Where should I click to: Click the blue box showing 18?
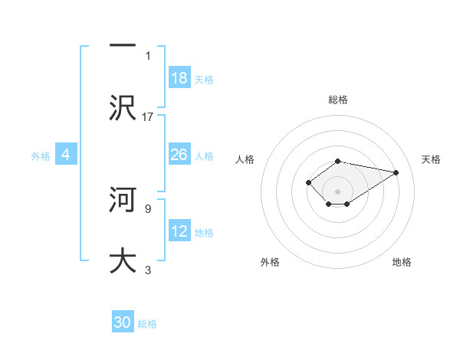pyautogui.click(x=179, y=78)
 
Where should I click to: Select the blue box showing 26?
pyautogui.click(x=179, y=155)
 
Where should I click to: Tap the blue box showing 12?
pyautogui.click(x=179, y=231)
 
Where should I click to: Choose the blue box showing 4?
pyautogui.click(x=66, y=155)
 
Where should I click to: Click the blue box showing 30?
pyautogui.click(x=123, y=322)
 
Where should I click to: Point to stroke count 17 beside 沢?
pyautogui.click(x=148, y=116)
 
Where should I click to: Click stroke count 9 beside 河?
pyautogui.click(x=148, y=208)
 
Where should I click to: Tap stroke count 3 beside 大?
pyautogui.click(x=148, y=269)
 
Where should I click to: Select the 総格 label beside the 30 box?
pyautogui.click(x=147, y=324)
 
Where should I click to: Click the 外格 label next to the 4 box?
pyautogui.click(x=41, y=155)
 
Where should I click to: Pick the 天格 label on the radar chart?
pyautogui.click(x=431, y=159)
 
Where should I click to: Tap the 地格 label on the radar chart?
pyautogui.click(x=402, y=262)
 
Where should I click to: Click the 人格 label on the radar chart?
pyautogui.click(x=245, y=159)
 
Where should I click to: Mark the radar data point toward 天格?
pyautogui.click(x=396, y=172)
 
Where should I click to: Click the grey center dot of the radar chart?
pyautogui.click(x=337, y=191)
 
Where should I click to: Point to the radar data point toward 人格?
pyautogui.click(x=308, y=182)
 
